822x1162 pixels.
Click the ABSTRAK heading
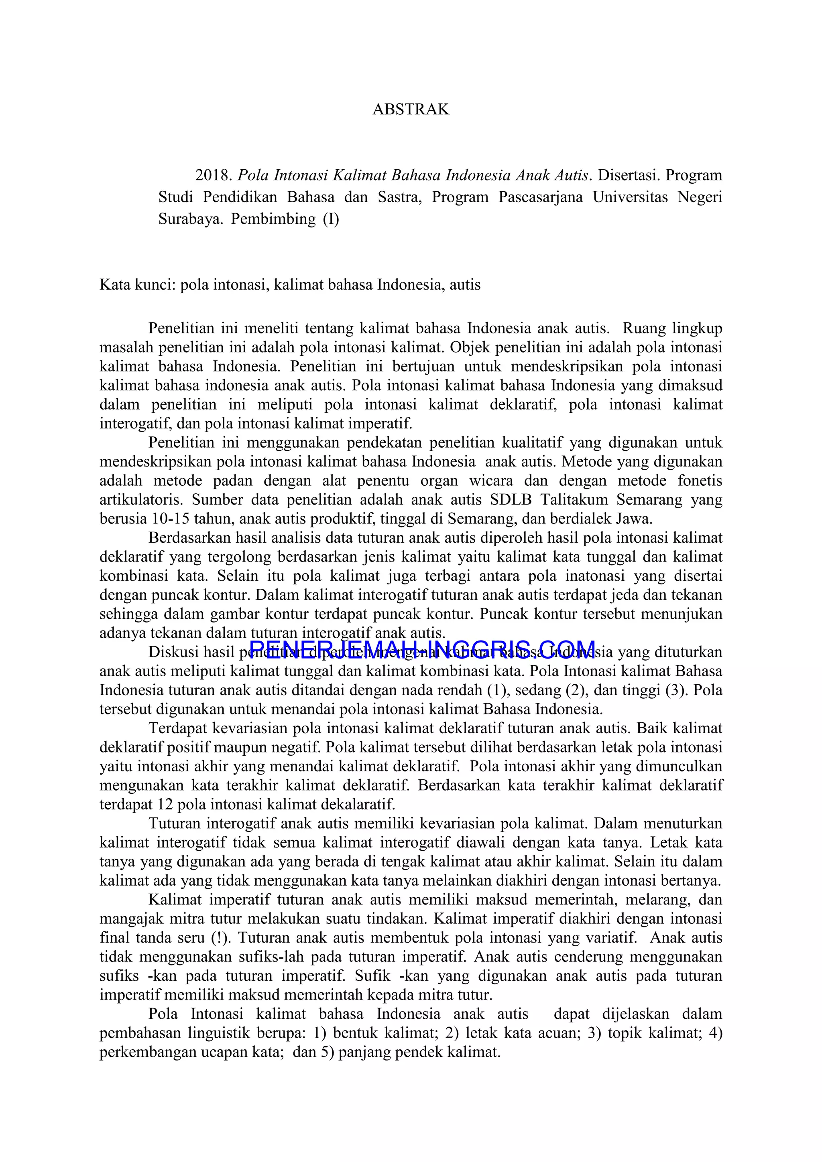click(x=411, y=110)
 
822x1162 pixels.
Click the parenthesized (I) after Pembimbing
click(x=331, y=219)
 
